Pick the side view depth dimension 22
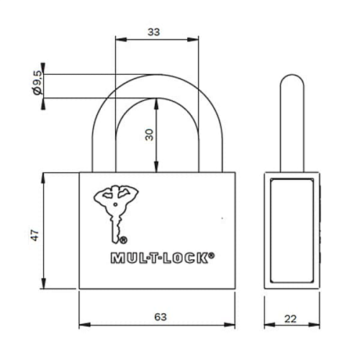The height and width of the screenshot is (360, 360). tap(289, 317)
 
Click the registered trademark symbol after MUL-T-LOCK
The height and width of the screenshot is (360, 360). tap(211, 253)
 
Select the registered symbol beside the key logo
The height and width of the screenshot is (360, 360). tap(124, 240)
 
